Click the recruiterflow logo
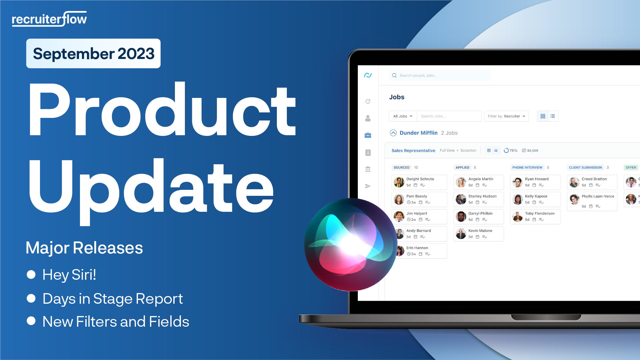point(49,19)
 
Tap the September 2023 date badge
point(93,54)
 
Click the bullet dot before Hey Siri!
point(31,274)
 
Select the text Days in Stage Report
point(113,298)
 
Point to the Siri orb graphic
point(350,245)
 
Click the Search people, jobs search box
point(440,76)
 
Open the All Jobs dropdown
point(403,116)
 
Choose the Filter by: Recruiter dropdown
point(506,116)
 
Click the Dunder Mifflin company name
point(418,133)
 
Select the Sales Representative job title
point(413,151)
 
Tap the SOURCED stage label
point(401,168)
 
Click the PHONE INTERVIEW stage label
point(527,168)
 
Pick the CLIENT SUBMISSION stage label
point(585,168)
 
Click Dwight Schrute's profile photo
point(399,182)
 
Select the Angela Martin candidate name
point(481,179)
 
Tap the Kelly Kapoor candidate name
point(536,196)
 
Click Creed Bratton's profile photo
point(574,182)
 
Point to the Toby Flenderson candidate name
point(540,213)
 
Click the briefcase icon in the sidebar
point(368,135)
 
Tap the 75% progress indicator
point(511,151)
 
